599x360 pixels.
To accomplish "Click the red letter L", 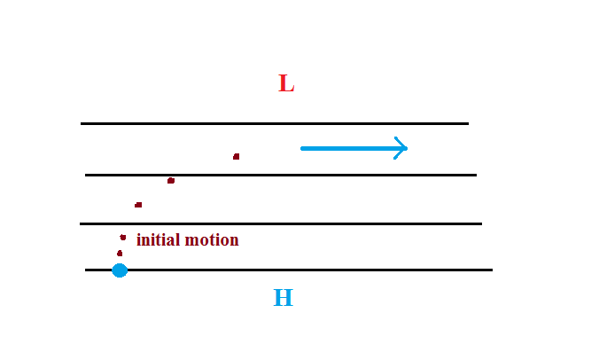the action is (x=286, y=83).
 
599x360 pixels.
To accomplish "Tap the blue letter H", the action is (x=283, y=298).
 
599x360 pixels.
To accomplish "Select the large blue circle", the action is (x=120, y=270).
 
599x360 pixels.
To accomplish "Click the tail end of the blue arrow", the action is (x=302, y=148).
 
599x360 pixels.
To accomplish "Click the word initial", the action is (x=158, y=239).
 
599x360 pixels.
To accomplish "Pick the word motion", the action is (x=212, y=240).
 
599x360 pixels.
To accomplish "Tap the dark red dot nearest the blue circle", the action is (x=120, y=254).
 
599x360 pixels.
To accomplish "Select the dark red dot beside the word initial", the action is (x=122, y=238).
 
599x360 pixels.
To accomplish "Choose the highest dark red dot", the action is (x=236, y=157).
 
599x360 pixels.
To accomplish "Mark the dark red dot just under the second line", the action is (x=171, y=180).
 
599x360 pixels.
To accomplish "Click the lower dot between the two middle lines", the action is (x=138, y=205).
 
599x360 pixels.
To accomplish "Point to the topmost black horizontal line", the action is (x=275, y=123).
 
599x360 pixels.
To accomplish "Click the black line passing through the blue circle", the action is (x=289, y=270).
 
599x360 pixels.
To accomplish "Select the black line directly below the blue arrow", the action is (x=281, y=175).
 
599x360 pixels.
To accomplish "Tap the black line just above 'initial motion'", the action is (x=281, y=223).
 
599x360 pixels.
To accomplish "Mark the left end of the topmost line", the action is (x=81, y=123).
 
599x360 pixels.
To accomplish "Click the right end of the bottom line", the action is (x=493, y=270).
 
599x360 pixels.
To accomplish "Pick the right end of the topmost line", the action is (x=469, y=123).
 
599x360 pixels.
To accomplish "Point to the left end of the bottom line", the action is (x=85, y=270).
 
